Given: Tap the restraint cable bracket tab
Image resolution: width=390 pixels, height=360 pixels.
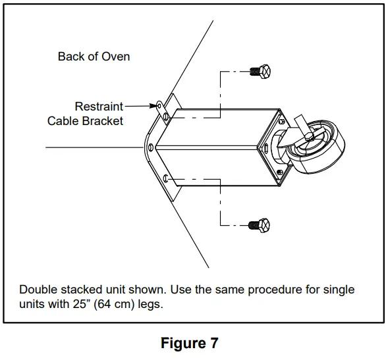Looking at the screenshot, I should click(x=161, y=105).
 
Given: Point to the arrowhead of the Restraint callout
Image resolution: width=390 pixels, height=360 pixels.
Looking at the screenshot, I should click(x=156, y=105).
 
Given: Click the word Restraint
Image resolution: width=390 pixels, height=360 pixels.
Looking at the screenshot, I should click(x=99, y=106).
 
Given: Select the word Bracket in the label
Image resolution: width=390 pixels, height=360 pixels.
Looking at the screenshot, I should click(x=103, y=121).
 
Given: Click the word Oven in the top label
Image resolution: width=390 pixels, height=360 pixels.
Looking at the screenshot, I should click(x=116, y=57).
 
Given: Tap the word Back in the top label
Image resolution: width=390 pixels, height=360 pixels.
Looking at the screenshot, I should click(x=70, y=57).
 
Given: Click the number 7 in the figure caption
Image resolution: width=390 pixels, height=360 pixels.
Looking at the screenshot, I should click(x=213, y=343).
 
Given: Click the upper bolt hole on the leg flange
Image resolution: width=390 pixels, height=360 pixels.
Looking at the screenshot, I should click(x=165, y=116).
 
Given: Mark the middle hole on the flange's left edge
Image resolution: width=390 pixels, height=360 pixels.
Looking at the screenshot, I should click(x=152, y=146).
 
